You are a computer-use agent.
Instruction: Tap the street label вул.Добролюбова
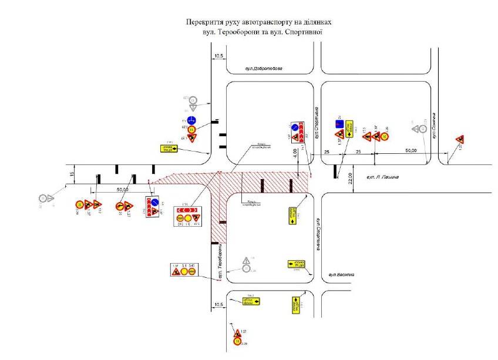click(264, 69)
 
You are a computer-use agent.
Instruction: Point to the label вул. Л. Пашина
click(382, 176)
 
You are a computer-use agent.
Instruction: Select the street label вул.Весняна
click(341, 275)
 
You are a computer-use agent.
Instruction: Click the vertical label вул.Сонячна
click(433, 126)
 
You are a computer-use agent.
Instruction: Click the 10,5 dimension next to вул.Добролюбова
click(219, 56)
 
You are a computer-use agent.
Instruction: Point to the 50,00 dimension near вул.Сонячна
click(410, 150)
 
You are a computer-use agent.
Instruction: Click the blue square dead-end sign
click(339, 124)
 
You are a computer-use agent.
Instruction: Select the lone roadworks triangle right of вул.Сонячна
click(460, 139)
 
